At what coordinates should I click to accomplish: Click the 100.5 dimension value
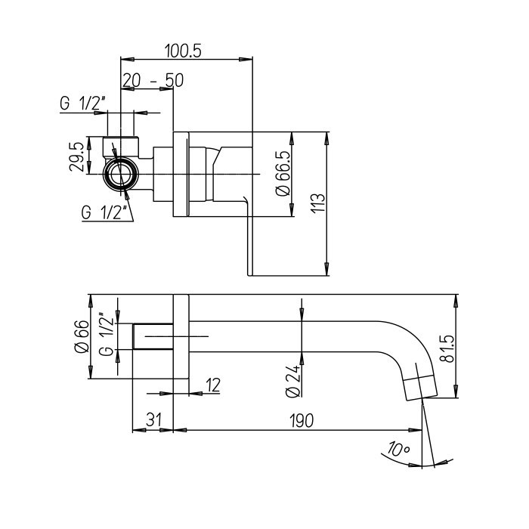click(x=183, y=51)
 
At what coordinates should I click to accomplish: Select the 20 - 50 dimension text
click(x=153, y=80)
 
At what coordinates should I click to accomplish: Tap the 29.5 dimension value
click(x=77, y=156)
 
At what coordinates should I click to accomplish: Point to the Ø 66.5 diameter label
click(x=283, y=173)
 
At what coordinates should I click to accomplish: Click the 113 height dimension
click(x=318, y=203)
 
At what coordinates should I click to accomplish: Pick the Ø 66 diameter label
click(x=82, y=336)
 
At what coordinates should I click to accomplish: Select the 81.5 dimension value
click(x=449, y=349)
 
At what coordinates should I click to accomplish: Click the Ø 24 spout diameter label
click(x=293, y=381)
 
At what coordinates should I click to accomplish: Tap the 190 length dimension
click(x=302, y=421)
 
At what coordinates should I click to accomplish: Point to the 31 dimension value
click(x=154, y=420)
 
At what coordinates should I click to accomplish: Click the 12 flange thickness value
click(x=213, y=385)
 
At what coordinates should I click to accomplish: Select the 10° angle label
click(x=398, y=449)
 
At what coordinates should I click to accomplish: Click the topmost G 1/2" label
click(x=82, y=104)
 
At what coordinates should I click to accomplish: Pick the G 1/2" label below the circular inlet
click(x=104, y=212)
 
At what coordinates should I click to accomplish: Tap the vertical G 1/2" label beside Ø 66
click(x=107, y=335)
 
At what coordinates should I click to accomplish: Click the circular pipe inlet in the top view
click(x=120, y=174)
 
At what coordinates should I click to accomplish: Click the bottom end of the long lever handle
click(x=249, y=274)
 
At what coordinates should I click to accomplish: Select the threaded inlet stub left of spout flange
click(x=153, y=336)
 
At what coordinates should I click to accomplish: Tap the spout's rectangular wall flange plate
click(x=181, y=336)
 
